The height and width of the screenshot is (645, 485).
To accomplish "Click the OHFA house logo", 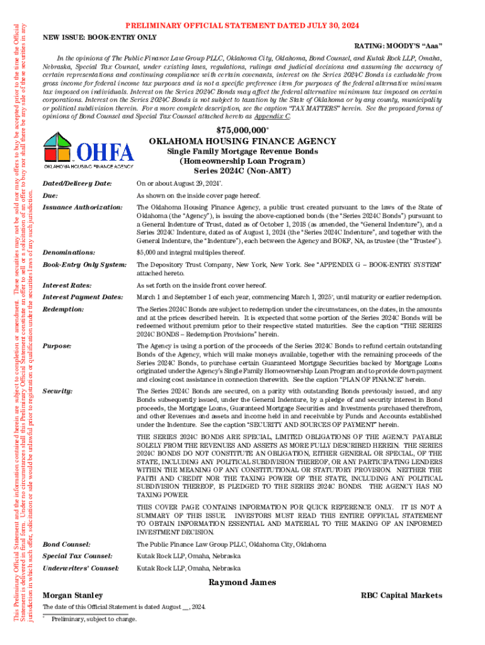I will click(x=88, y=151).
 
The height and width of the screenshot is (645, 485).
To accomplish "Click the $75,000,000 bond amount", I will click(x=241, y=130).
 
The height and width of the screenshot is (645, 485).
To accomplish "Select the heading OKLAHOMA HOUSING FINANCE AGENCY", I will click(x=242, y=141).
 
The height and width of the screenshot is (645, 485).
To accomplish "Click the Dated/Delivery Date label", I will click(x=76, y=183).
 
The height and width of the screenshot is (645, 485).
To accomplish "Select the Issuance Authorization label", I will click(x=82, y=207).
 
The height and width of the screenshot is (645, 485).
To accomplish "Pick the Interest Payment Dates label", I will click(x=82, y=297).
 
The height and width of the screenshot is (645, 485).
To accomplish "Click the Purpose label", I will click(x=57, y=346).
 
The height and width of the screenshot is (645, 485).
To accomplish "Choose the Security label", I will click(x=58, y=391).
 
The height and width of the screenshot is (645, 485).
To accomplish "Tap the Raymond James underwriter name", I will click(x=242, y=583).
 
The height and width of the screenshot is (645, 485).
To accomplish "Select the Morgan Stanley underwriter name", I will click(x=72, y=595).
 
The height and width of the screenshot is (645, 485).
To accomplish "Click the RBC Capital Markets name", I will click(x=401, y=595).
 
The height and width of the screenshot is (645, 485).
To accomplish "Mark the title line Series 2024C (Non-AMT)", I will click(x=242, y=171).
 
